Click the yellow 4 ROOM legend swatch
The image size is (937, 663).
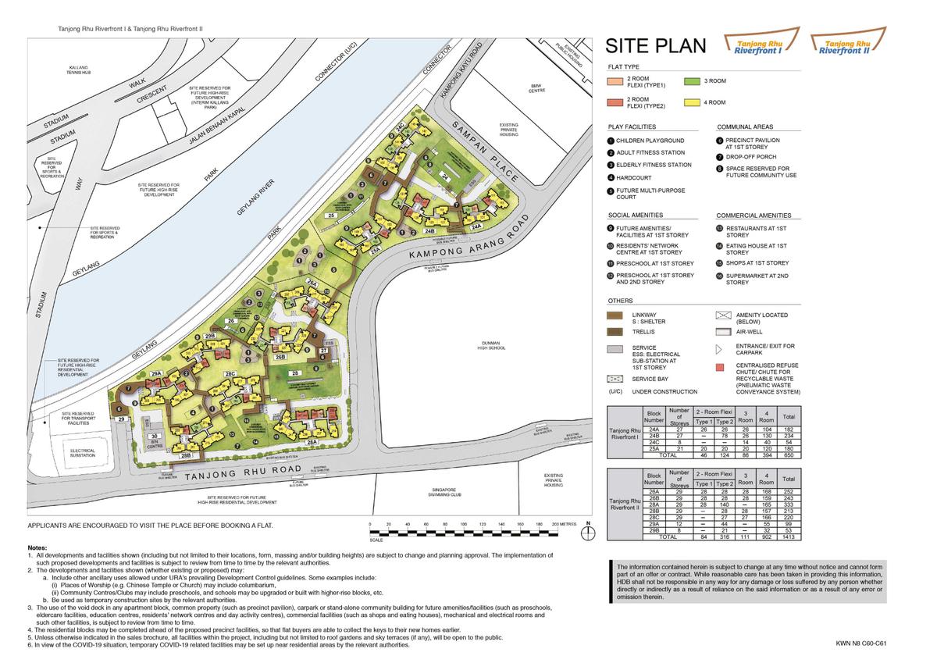(690, 102)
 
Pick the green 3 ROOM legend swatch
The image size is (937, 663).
(690, 80)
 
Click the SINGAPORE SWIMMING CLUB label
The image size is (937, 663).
(445, 491)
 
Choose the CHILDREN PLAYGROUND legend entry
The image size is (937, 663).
(650, 141)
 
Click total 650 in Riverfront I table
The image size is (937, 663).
(789, 454)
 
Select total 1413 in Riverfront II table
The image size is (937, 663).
(789, 537)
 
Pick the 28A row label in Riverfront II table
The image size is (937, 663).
(654, 504)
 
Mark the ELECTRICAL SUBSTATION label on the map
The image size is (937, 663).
(82, 453)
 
